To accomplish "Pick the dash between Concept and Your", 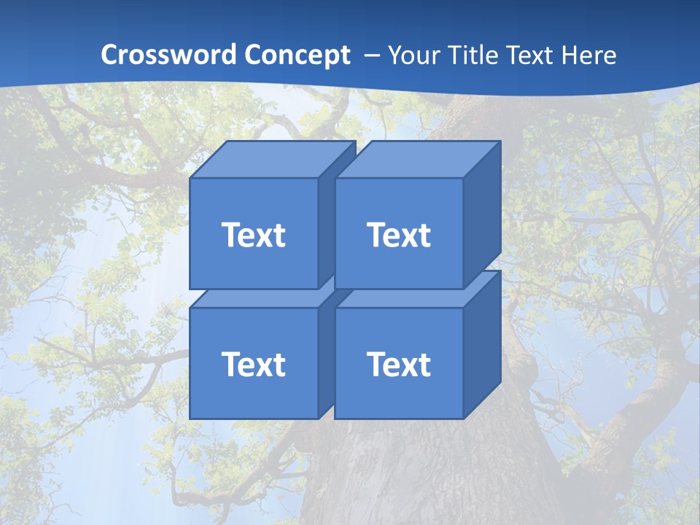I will (370, 55).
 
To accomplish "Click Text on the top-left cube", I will (253, 235).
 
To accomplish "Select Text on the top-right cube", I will (398, 235).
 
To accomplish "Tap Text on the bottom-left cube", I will (253, 364).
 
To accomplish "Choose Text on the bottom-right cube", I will (398, 364).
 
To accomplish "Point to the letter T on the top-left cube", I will (230, 235).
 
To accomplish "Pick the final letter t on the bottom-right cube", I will (424, 365).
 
